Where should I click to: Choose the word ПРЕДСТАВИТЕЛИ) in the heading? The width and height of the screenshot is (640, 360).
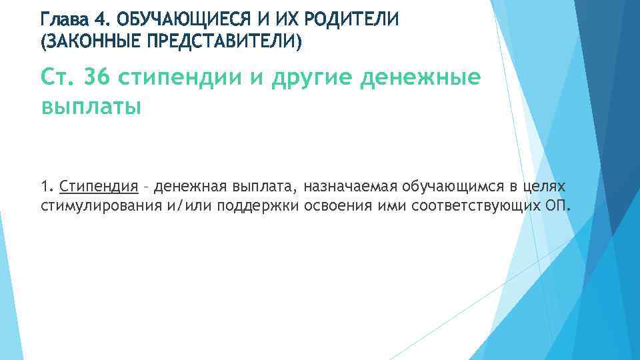(x=221, y=43)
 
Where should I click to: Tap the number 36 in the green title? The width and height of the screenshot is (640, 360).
(x=99, y=78)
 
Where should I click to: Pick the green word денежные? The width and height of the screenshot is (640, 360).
(x=421, y=78)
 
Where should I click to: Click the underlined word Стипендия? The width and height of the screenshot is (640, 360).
(x=99, y=185)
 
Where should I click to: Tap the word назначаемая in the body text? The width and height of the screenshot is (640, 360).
(x=352, y=185)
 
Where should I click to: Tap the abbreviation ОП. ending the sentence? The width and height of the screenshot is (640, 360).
(x=558, y=203)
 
